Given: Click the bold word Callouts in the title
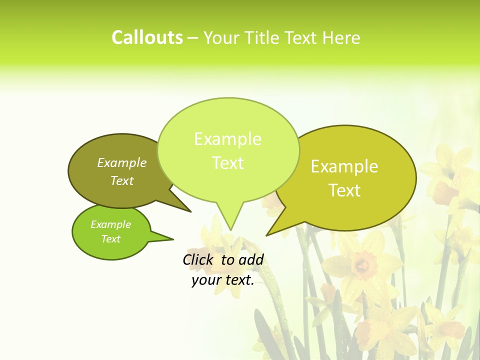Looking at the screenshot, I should pyautogui.click(x=147, y=37).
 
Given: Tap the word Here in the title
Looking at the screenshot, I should pyautogui.click(x=341, y=37).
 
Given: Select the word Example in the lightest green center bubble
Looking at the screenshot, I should pyautogui.click(x=227, y=139).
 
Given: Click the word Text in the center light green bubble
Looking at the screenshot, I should pyautogui.click(x=227, y=163).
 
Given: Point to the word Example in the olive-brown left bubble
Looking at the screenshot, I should pyautogui.click(x=122, y=162).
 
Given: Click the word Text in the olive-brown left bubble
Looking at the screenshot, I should pyautogui.click(x=122, y=180).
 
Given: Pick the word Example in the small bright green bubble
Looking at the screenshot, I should pyautogui.click(x=110, y=224).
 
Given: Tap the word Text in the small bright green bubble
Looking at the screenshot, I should pyautogui.click(x=110, y=239).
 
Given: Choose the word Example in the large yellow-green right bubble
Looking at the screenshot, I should pyautogui.click(x=344, y=166).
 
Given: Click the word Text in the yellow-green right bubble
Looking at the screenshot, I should pyautogui.click(x=344, y=190).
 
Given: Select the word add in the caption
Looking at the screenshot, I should pyautogui.click(x=251, y=259).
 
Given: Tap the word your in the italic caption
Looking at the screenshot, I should pyautogui.click(x=206, y=280).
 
